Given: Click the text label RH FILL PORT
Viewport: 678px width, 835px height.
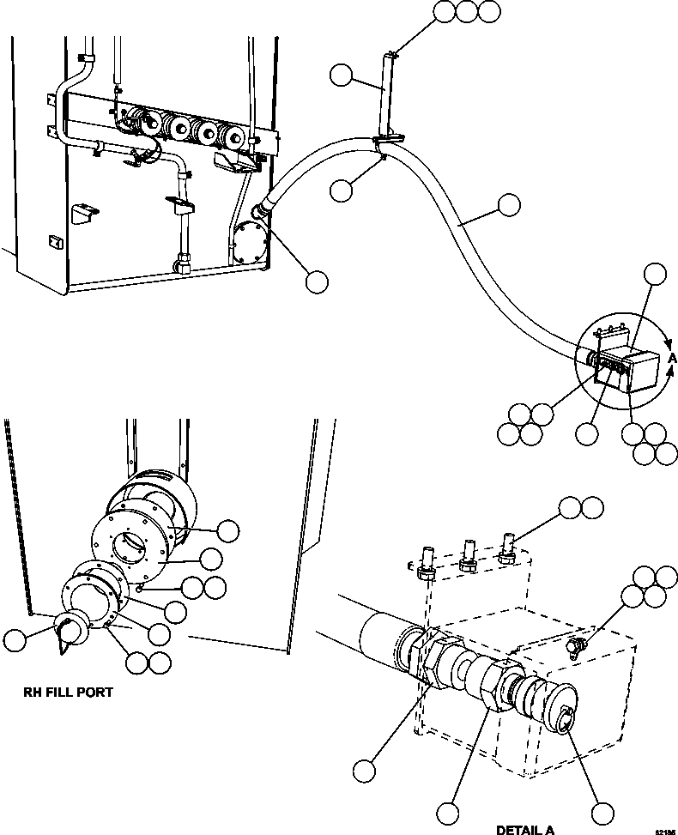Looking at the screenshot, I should [x=68, y=692].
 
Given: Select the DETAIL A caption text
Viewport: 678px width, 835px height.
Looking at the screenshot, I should [x=524, y=829].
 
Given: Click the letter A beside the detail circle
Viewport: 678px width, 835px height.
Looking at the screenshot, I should [x=672, y=357].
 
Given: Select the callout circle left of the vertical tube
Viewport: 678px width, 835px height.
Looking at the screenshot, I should [x=342, y=78].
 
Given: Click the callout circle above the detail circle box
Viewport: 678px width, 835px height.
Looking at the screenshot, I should [x=655, y=275].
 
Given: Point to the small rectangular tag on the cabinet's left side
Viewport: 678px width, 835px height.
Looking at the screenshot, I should [x=54, y=242].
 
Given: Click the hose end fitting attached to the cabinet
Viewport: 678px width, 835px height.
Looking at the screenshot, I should [x=259, y=209].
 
